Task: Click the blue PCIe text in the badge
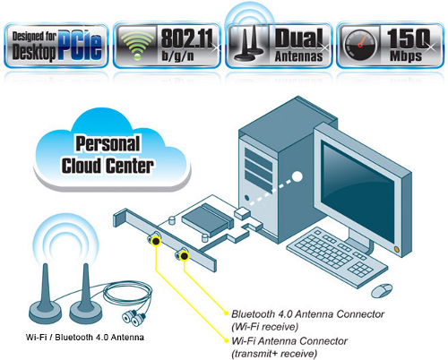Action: pos(80,45)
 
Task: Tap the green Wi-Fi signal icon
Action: pos(137,44)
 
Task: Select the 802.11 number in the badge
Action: pos(187,39)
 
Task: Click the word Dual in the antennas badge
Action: pos(299,39)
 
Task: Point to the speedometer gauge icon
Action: pos(360,45)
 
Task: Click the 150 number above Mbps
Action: pos(409,39)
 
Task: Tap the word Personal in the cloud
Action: pos(108,144)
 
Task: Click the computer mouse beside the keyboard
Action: pos(382,290)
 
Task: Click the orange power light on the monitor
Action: pos(397,248)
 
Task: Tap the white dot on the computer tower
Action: pos(297,176)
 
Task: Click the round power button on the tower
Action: pos(246,198)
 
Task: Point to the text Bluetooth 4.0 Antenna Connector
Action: pos(307,314)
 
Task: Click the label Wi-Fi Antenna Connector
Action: pos(289,341)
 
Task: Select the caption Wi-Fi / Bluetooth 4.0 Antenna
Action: pos(85,338)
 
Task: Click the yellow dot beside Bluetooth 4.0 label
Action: pos(226,313)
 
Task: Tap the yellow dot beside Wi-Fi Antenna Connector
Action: pos(226,340)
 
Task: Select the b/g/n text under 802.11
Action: pos(178,56)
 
